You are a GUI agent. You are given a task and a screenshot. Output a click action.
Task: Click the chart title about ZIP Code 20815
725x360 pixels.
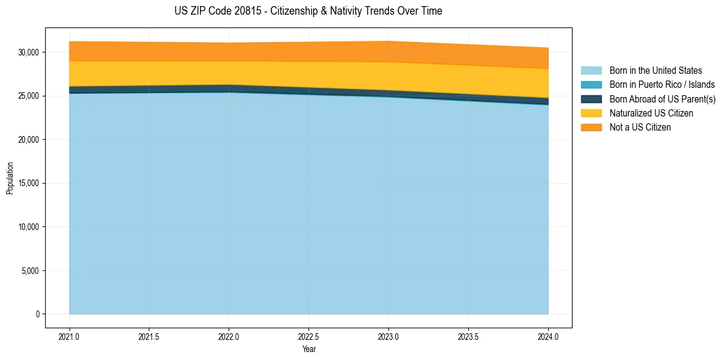coord(308,11)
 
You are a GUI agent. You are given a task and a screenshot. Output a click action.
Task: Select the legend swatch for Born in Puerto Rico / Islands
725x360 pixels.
coord(591,85)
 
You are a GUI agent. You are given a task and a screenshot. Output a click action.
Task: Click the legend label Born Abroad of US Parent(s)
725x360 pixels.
coord(662,99)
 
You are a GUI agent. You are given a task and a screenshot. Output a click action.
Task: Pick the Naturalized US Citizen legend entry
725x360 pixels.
coord(651,113)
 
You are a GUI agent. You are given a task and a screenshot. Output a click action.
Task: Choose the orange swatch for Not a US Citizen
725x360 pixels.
coord(591,128)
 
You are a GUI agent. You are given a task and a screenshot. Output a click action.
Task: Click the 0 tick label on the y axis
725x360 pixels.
coord(37,314)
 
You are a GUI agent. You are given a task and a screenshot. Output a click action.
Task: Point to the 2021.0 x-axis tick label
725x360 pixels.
coord(70,336)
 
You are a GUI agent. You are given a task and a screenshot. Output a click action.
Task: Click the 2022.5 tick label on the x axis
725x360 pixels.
coord(309,336)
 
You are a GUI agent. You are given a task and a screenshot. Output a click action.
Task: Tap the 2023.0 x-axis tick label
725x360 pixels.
coord(388,336)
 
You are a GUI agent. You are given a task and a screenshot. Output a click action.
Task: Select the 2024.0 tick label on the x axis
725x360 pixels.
coord(548,336)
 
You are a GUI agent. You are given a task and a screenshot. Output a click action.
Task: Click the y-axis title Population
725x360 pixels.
coord(10,178)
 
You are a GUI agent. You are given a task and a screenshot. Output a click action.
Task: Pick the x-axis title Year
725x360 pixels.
coord(309,349)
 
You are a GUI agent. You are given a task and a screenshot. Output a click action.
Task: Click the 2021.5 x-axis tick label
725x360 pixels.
coord(149,336)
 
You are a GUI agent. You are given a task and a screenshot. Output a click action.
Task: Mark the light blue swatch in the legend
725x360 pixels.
coord(591,71)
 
